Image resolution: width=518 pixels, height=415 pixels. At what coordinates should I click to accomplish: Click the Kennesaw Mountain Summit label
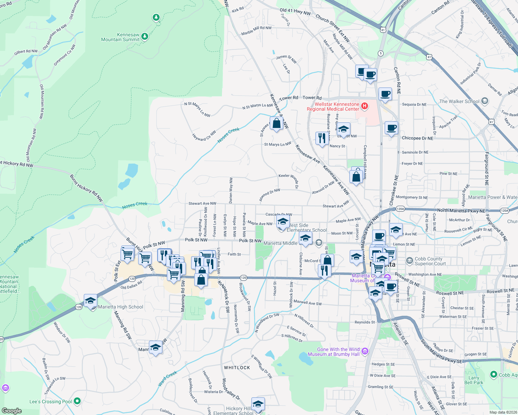tap(120, 37)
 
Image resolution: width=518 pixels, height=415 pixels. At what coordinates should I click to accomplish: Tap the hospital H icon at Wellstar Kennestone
tap(364, 106)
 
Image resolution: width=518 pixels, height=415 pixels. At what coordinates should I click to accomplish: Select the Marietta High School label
tap(120, 307)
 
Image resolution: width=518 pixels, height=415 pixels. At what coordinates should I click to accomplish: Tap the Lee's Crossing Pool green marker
tap(77, 401)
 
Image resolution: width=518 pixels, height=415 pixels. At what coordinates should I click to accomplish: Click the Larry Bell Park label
tap(474, 380)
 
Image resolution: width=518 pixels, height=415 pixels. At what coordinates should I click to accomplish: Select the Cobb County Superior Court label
tap(429, 261)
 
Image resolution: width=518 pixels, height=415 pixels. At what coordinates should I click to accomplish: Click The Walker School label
tap(459, 101)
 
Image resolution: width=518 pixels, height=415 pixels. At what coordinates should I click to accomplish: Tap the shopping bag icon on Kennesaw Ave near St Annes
tap(276, 123)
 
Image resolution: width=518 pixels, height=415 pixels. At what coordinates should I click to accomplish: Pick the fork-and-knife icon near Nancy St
tap(322, 138)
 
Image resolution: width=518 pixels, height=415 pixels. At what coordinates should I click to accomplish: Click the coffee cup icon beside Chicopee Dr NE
tap(391, 128)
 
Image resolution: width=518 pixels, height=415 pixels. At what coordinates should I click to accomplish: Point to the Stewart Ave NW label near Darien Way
tap(202, 204)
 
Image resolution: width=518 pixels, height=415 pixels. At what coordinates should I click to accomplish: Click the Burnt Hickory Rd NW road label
tap(87, 188)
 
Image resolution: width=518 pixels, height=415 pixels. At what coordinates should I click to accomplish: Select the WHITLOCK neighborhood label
tap(237, 368)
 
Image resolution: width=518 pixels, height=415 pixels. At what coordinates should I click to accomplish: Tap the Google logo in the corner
tap(12, 411)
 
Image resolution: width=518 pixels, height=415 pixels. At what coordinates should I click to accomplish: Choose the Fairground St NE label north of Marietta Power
tap(486, 168)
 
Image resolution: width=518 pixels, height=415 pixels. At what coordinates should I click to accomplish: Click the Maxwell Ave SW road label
tap(307, 303)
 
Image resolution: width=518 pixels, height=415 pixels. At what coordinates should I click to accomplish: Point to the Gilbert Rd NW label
tap(26, 52)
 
